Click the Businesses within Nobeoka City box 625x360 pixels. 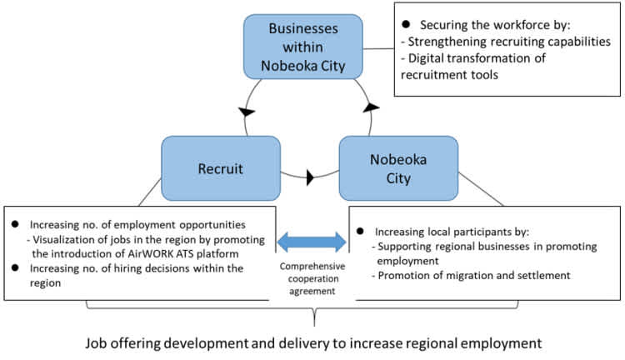[x=303, y=47]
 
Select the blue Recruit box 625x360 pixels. [x=221, y=168]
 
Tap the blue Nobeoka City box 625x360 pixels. [x=398, y=168]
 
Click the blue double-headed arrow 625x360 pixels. [x=312, y=242]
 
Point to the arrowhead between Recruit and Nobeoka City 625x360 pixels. [x=310, y=177]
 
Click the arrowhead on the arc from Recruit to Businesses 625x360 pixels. [x=247, y=112]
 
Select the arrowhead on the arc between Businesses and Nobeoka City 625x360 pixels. [x=371, y=107]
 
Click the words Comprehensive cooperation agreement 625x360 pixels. [x=312, y=278]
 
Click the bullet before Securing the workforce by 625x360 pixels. [x=406, y=24]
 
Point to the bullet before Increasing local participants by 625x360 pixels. [x=360, y=231]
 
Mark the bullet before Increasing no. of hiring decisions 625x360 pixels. [x=15, y=267]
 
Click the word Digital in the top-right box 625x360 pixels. [x=426, y=58]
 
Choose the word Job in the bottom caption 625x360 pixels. [x=96, y=342]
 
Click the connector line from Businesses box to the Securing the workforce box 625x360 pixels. [x=378, y=48]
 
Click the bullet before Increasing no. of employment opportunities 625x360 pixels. [x=15, y=224]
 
